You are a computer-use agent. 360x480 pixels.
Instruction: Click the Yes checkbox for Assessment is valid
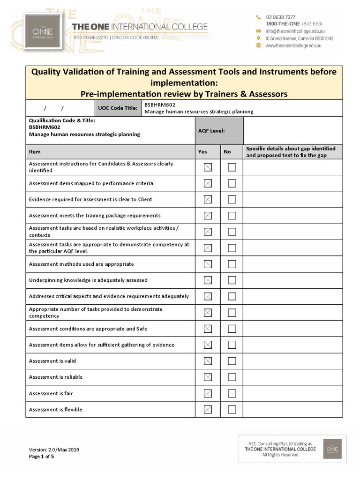click(208, 361)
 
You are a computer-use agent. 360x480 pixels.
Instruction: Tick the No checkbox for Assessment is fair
click(232, 393)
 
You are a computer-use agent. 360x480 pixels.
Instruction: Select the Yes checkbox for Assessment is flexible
click(208, 409)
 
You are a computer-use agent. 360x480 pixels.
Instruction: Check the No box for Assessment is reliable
click(232, 377)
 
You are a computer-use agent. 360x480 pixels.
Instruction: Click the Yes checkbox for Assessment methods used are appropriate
click(208, 264)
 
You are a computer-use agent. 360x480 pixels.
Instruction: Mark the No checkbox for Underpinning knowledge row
click(232, 280)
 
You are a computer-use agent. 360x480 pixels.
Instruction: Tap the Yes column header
click(202, 152)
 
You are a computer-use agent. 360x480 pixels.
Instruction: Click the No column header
click(227, 152)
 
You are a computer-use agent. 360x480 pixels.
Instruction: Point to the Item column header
click(35, 152)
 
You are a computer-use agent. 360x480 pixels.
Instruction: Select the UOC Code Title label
click(118, 108)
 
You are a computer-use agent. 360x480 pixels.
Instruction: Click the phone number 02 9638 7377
click(280, 17)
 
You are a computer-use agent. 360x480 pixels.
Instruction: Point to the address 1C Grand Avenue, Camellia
click(299, 38)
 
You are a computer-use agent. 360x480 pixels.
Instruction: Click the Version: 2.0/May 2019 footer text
click(54, 450)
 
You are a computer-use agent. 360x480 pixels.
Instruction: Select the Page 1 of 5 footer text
click(41, 456)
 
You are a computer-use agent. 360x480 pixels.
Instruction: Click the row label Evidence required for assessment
click(90, 199)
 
